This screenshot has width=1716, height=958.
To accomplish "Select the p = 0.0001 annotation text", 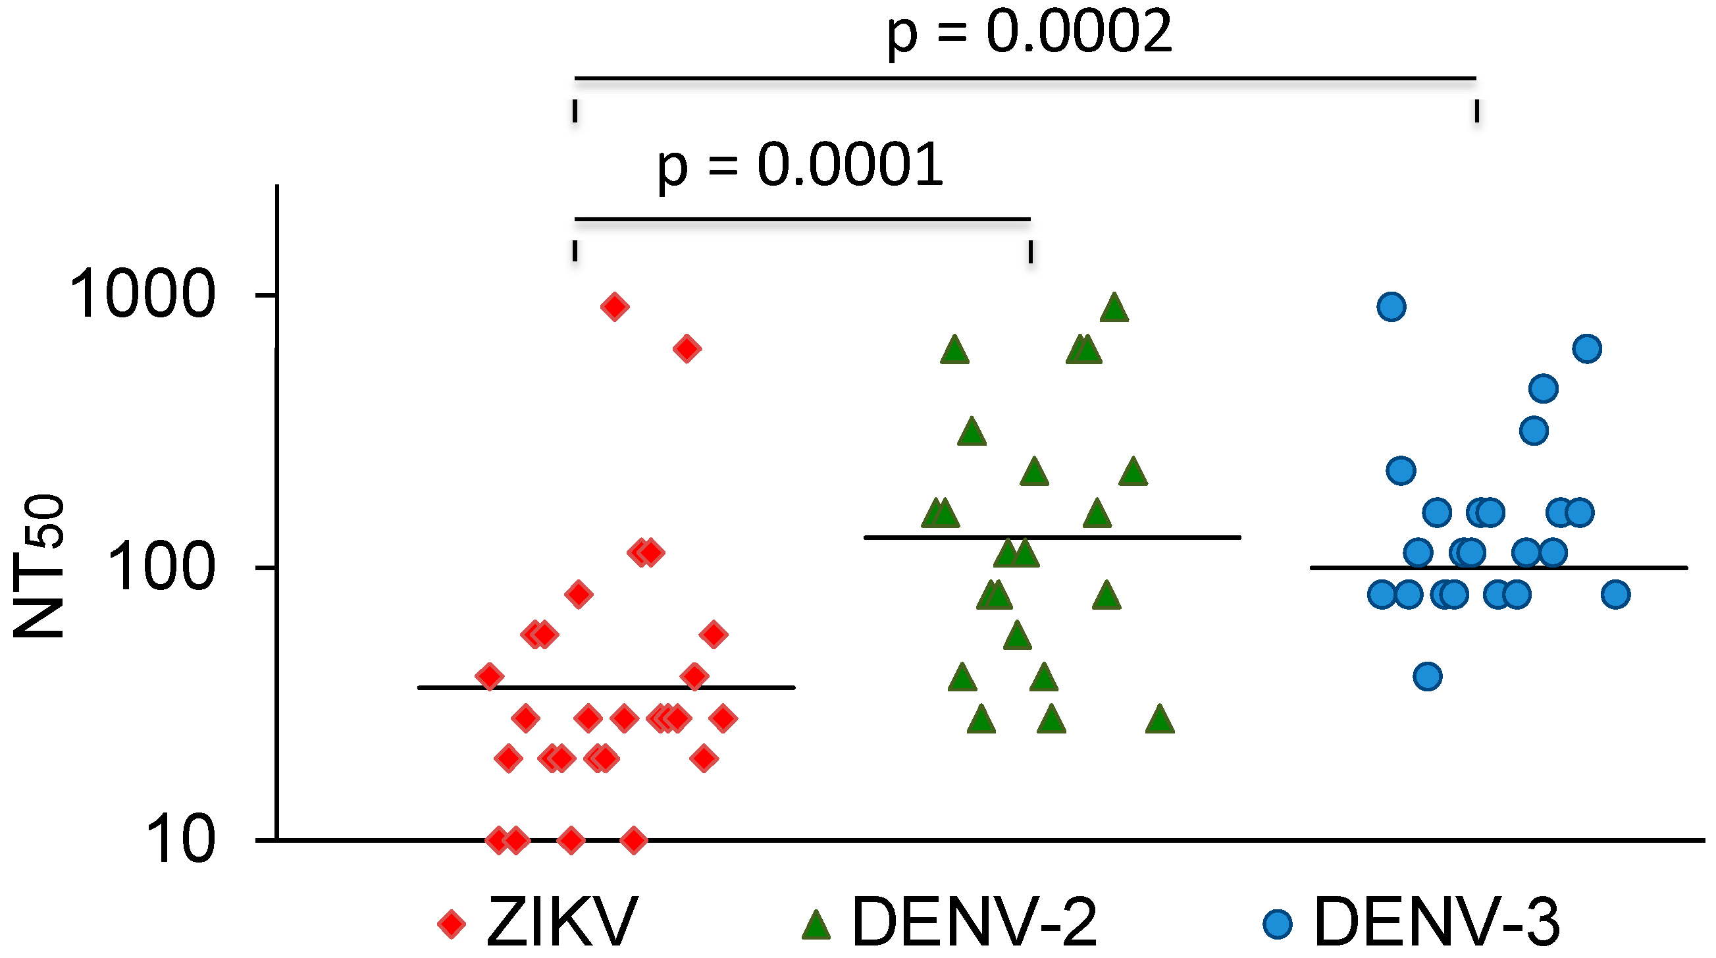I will point(800,166).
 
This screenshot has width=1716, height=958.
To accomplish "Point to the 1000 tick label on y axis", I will point(142,295).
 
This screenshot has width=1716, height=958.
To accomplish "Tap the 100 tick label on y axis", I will point(160,568).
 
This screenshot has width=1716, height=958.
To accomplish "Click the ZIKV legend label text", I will point(561,922).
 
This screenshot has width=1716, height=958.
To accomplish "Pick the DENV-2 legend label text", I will point(974,922).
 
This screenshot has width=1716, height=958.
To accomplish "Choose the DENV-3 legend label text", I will point(1436,922).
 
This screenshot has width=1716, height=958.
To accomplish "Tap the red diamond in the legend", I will point(452,924).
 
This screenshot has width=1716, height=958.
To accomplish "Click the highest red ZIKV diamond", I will point(614,307).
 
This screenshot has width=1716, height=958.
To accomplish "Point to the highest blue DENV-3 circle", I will point(1391,307).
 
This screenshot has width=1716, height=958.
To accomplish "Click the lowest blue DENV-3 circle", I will point(1428,677).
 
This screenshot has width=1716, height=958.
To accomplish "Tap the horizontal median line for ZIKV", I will point(606,687).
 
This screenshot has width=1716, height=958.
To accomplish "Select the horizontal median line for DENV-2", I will point(1052,537).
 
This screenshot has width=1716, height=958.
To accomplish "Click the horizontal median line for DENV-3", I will point(1498,568).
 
